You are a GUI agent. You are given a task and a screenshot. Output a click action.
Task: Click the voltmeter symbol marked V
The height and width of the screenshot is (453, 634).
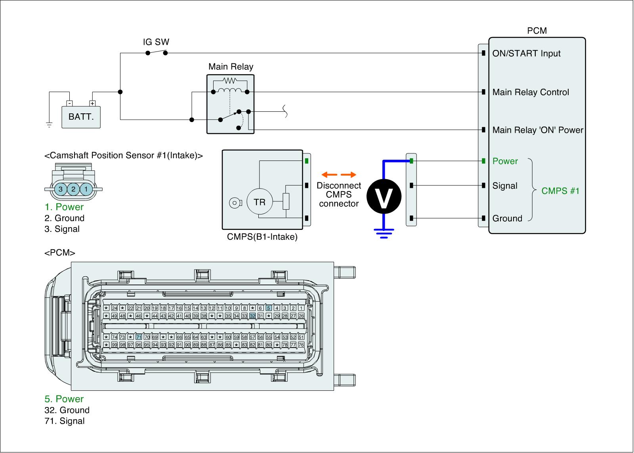click(383, 197)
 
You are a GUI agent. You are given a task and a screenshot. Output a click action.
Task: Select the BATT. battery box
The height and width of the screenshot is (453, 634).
click(81, 117)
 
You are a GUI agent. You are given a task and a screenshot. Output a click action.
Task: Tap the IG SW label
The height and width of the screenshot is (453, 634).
click(156, 42)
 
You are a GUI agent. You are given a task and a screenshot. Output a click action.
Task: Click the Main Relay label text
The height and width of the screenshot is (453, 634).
click(231, 67)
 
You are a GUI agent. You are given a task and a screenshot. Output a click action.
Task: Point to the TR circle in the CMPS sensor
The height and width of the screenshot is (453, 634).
click(260, 202)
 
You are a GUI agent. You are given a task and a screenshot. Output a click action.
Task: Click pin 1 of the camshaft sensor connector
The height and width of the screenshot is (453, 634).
click(86, 189)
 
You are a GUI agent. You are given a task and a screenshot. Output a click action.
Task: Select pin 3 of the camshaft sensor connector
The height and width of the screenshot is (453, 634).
click(61, 189)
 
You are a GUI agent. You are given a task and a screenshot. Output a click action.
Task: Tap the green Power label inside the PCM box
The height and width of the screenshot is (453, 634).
click(505, 161)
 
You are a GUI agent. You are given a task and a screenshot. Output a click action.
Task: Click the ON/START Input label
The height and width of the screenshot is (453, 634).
click(526, 54)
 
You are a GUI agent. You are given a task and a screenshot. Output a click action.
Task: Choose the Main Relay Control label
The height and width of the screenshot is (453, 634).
click(531, 92)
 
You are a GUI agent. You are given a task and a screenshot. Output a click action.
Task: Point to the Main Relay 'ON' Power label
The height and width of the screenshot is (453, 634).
click(538, 130)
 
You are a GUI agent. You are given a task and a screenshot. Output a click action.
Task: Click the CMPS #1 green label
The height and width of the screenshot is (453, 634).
click(560, 191)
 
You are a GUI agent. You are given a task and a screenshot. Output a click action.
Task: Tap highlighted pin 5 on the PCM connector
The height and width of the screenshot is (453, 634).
click(269, 308)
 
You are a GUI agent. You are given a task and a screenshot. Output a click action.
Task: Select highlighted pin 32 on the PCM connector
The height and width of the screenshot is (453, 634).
click(252, 316)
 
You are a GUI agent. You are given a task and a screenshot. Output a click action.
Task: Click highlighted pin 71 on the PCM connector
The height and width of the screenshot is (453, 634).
click(139, 337)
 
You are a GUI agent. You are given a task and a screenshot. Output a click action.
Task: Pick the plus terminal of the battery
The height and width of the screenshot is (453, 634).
click(92, 103)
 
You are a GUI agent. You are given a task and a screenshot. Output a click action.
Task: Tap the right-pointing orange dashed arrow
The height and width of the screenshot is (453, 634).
click(349, 175)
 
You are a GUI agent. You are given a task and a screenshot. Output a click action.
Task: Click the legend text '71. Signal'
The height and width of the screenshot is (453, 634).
click(65, 421)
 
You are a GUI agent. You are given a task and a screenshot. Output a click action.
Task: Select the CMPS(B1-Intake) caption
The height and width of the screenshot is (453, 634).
click(262, 237)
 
